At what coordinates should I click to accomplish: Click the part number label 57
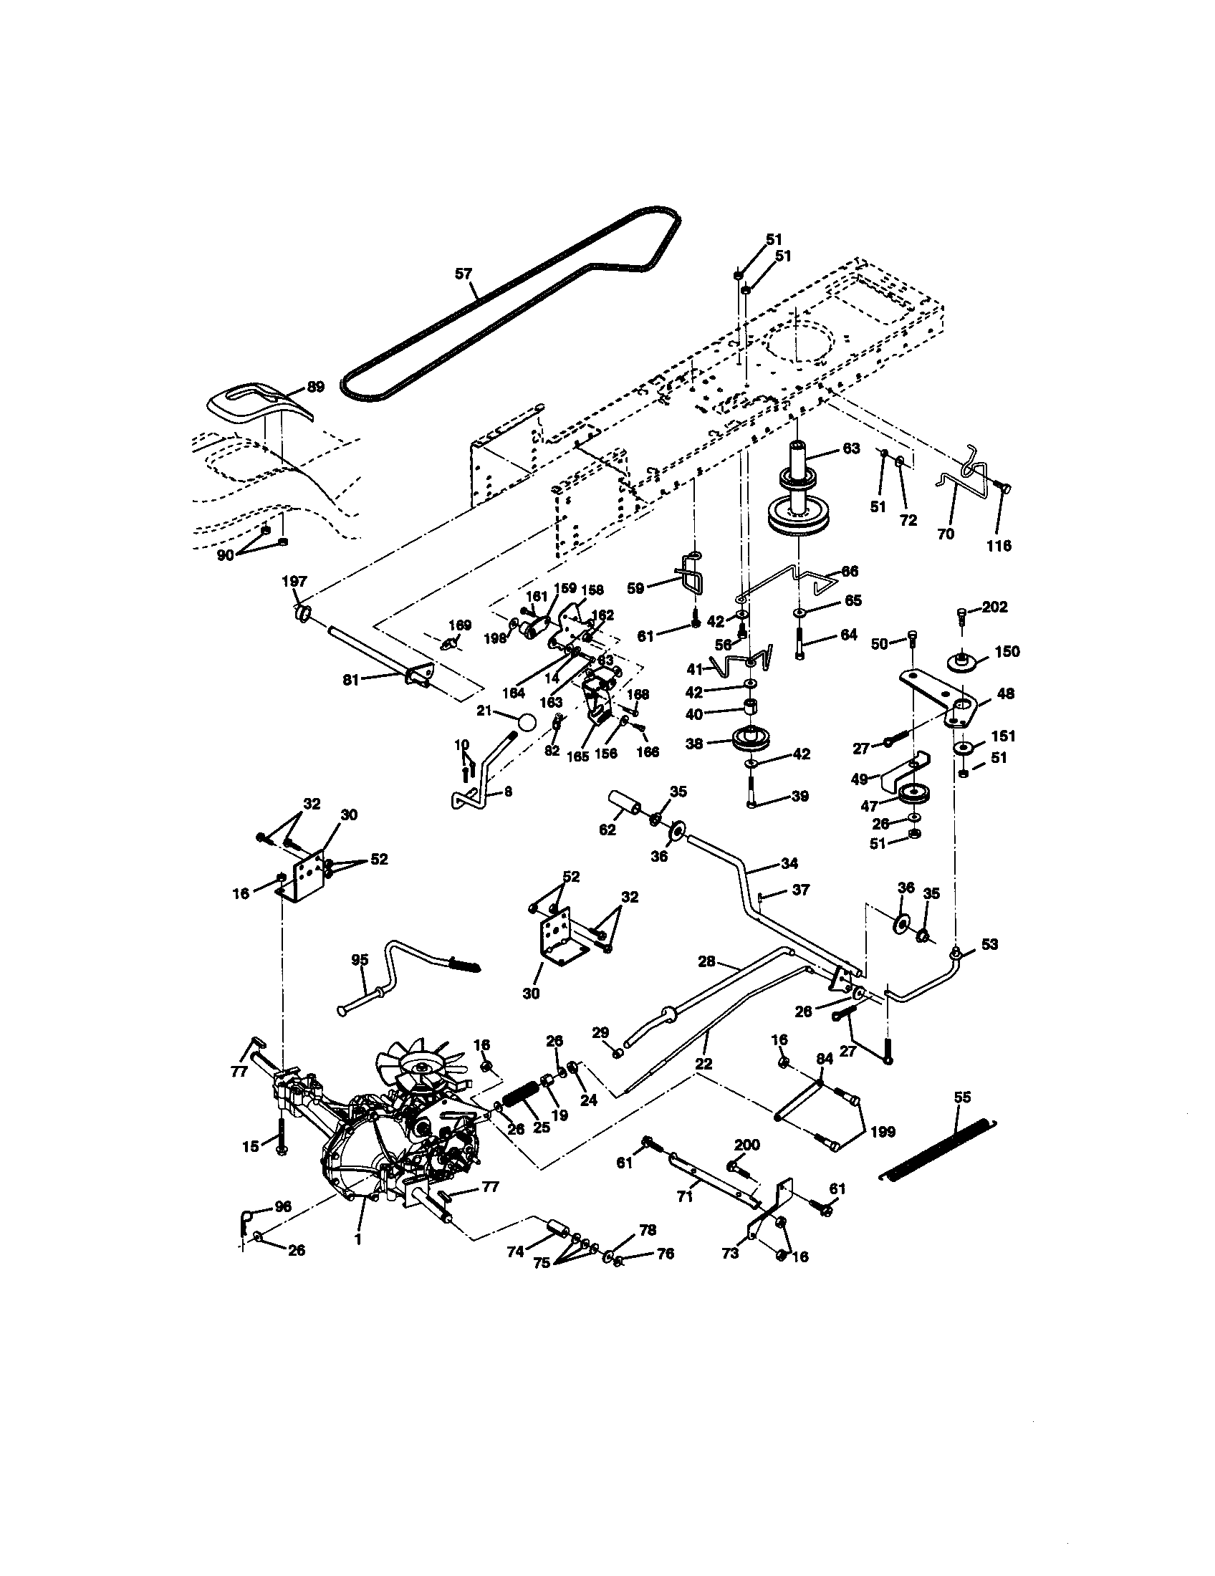click(x=464, y=274)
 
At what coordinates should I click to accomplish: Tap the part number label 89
click(x=316, y=387)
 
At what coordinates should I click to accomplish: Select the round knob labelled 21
click(x=527, y=722)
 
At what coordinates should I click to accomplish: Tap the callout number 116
click(x=999, y=546)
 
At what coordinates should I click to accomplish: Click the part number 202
click(x=994, y=607)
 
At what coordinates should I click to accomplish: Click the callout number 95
click(x=360, y=960)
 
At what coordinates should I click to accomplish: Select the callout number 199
click(x=883, y=1131)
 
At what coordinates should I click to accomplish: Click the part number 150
click(x=1007, y=652)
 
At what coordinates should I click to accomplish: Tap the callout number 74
click(x=514, y=1253)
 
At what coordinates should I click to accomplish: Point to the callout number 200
click(x=746, y=1145)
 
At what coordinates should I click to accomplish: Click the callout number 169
click(x=460, y=625)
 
